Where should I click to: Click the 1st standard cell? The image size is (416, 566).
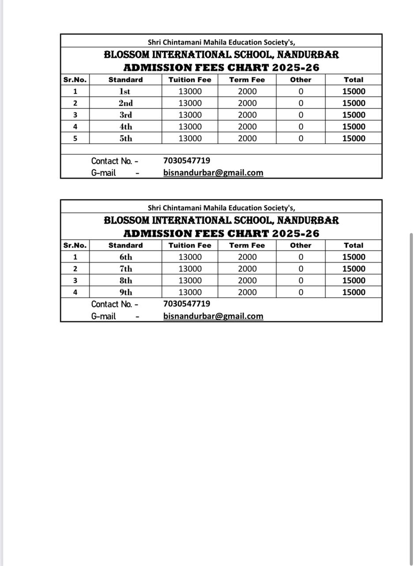(x=125, y=92)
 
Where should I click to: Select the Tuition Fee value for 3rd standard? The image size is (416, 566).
(x=190, y=115)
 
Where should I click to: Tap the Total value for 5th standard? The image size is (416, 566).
(x=354, y=138)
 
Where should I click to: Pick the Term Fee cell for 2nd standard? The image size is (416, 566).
(x=247, y=103)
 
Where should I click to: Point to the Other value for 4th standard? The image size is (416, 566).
(x=301, y=126)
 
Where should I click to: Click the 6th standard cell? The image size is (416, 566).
(x=125, y=257)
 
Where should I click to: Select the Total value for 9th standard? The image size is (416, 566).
(x=354, y=292)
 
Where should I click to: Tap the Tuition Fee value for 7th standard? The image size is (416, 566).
(x=190, y=269)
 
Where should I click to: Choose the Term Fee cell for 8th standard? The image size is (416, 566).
(x=247, y=280)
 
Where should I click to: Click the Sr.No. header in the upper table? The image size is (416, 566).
(x=75, y=80)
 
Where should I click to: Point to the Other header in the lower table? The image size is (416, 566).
(x=301, y=245)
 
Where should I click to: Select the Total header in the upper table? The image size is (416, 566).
(x=354, y=80)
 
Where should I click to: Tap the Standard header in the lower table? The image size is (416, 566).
(x=125, y=245)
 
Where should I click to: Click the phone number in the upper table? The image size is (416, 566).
(x=186, y=161)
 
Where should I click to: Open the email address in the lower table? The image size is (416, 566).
(x=213, y=316)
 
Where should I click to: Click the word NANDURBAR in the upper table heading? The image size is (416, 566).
(x=308, y=55)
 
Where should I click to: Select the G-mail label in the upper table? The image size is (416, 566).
(x=103, y=173)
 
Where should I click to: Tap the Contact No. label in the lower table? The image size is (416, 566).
(x=114, y=304)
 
